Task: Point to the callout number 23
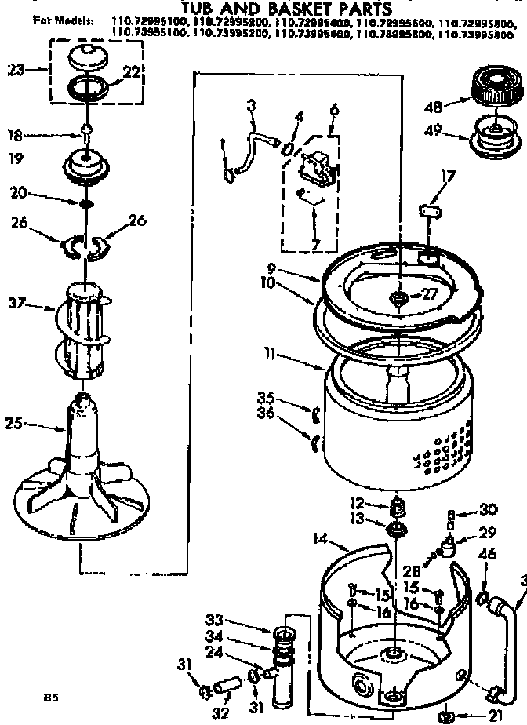tap(13, 70)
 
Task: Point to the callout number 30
tap(490, 508)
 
